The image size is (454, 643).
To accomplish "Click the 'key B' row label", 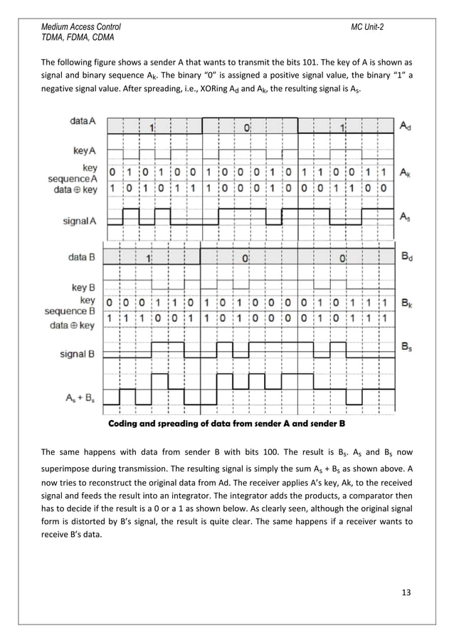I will (x=84, y=288).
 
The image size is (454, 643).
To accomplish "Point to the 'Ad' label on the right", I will (x=405, y=126).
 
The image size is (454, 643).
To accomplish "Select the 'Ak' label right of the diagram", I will (x=405, y=173).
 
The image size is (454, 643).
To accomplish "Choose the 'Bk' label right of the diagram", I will (x=405, y=303).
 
